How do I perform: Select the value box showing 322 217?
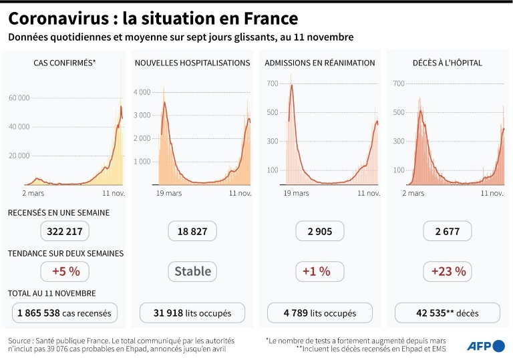(64, 231)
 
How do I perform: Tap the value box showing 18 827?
(192, 231)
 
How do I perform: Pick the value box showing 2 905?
(320, 231)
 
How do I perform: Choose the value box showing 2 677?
(448, 231)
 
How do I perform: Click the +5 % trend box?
(64, 271)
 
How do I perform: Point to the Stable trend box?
(192, 271)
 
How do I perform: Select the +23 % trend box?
(448, 271)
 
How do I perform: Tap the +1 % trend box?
(320, 271)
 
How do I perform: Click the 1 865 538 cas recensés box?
(65, 313)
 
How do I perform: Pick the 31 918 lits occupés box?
(192, 313)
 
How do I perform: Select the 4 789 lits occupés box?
(320, 313)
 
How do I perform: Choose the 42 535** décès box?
(448, 313)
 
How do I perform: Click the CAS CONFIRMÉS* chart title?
(65, 63)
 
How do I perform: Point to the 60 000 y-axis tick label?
(19, 98)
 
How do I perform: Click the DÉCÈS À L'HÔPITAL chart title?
(448, 63)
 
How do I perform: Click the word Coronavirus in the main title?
(59, 17)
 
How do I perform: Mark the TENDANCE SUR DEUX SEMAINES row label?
(65, 254)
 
